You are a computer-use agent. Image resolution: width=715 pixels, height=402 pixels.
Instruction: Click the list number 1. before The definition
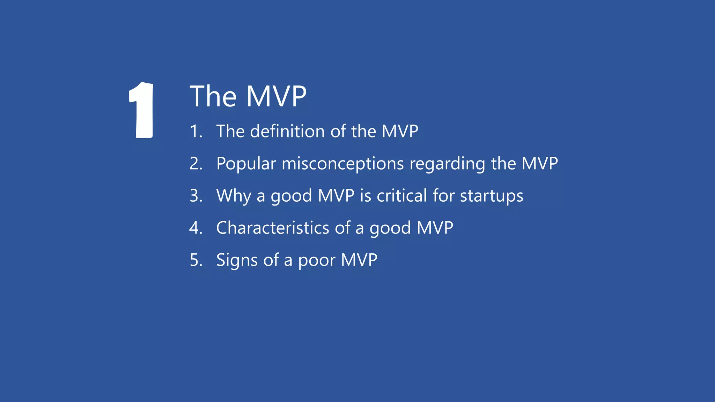point(196,132)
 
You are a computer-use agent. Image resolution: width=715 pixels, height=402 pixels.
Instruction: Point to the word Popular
point(246,163)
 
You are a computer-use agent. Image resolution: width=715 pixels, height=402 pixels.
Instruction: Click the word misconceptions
point(342,163)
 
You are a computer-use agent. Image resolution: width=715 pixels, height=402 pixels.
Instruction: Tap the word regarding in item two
point(447,163)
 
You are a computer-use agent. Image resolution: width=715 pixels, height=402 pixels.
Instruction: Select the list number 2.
point(196,164)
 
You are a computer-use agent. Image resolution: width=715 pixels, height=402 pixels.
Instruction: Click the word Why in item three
point(233,195)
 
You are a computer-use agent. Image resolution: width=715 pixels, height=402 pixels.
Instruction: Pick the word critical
point(402,195)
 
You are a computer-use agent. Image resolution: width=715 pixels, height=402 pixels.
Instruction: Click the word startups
point(492,195)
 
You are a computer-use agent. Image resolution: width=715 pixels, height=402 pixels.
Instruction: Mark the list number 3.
point(196,196)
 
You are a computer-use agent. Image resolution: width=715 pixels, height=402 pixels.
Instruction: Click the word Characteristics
point(272,228)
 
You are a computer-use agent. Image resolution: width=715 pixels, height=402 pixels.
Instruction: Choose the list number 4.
point(196,228)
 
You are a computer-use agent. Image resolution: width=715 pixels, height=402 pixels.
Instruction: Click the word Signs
point(237,260)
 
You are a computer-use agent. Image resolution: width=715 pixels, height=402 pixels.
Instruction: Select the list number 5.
point(196,260)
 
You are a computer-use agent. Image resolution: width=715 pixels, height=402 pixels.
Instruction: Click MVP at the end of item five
point(359,260)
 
